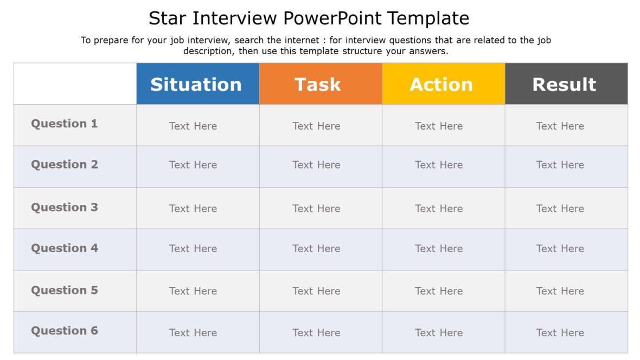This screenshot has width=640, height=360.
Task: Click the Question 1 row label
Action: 65,124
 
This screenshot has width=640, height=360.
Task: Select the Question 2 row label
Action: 65,165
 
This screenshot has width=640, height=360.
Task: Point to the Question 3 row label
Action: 65,207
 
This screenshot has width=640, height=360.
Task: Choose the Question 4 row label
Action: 65,248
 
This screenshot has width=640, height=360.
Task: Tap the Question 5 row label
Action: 65,290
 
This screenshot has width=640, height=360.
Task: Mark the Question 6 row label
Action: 65,331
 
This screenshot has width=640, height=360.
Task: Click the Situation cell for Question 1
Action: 193,126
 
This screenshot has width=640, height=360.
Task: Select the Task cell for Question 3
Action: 316,208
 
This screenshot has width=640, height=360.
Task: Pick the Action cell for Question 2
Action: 439,165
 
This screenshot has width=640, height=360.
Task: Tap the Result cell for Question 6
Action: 560,332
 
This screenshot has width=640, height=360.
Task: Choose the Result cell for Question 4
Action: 560,248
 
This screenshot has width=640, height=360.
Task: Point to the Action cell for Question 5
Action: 439,291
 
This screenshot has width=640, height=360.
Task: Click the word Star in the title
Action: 168,18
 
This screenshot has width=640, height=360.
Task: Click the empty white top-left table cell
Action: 75,83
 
